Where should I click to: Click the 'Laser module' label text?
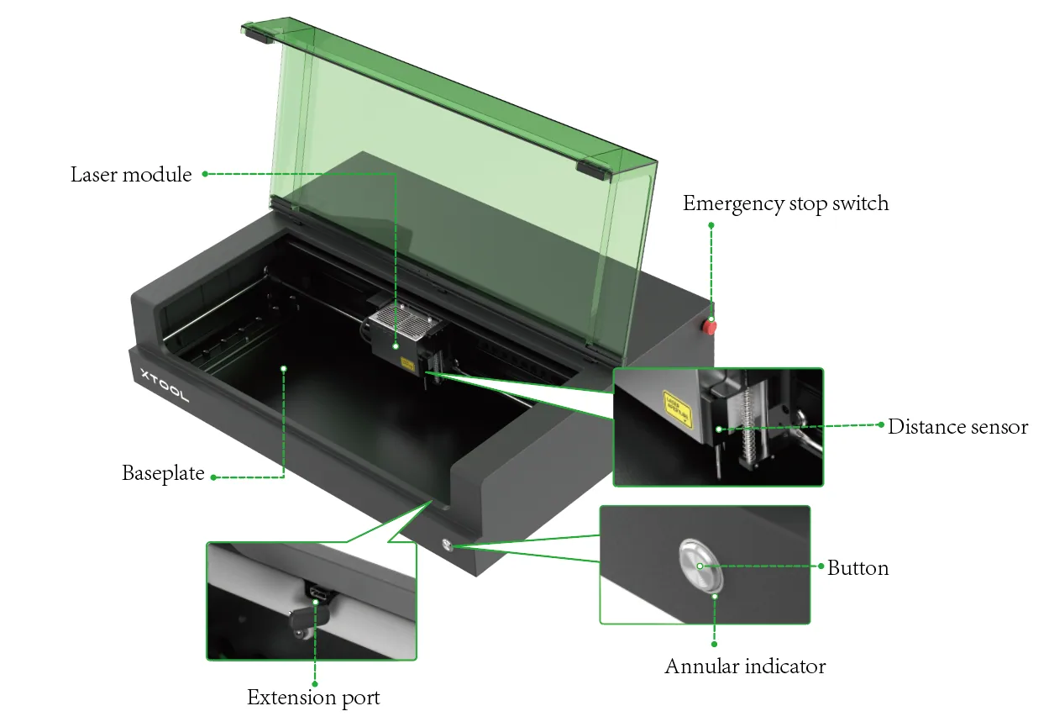point(131,174)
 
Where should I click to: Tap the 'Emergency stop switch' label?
point(785,203)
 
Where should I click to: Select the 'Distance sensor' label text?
point(957,427)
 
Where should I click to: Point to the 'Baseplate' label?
point(163,473)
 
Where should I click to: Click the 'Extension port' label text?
point(313,698)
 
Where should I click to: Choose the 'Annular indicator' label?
point(745,666)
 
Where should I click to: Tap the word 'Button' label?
point(858,568)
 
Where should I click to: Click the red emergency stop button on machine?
point(709,327)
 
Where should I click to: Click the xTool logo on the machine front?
point(165,386)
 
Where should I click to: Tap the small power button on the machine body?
point(447,545)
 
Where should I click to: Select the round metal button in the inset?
point(701,566)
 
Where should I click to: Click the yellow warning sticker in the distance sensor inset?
point(677,408)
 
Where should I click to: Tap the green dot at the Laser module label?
point(205,174)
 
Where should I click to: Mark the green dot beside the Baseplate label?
point(213,477)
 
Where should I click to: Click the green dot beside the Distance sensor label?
point(881,424)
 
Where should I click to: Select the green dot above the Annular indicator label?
point(714,644)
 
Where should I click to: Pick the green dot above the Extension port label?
point(315,684)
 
